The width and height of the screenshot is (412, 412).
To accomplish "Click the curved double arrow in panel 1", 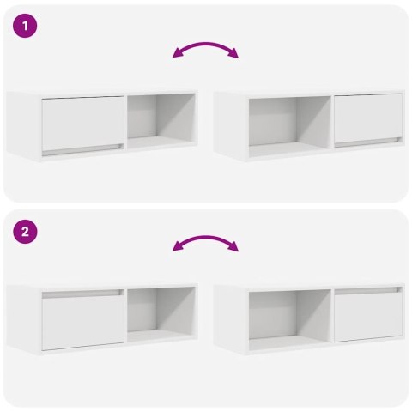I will pyautogui.click(x=206, y=50).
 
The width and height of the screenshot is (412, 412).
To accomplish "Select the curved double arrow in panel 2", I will pyautogui.click(x=206, y=243).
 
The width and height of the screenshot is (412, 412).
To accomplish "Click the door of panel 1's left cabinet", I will pyautogui.click(x=83, y=122).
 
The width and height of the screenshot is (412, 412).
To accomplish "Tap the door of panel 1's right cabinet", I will pyautogui.click(x=368, y=118).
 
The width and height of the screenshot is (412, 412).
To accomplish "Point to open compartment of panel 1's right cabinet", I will pyautogui.click(x=289, y=123).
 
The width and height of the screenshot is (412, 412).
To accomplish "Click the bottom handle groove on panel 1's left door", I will pyautogui.click(x=83, y=149).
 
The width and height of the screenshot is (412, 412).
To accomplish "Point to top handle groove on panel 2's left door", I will pyautogui.click(x=83, y=294).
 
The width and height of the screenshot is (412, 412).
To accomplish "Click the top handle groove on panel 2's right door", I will pyautogui.click(x=368, y=291).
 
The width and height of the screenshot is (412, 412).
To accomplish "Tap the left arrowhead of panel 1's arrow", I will pyautogui.click(x=177, y=55).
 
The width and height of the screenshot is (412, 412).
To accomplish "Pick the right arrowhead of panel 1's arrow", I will pyautogui.click(x=235, y=55).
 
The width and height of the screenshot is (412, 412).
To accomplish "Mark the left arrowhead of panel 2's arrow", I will pyautogui.click(x=177, y=249).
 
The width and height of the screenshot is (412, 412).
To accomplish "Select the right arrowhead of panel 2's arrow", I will pyautogui.click(x=235, y=249).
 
